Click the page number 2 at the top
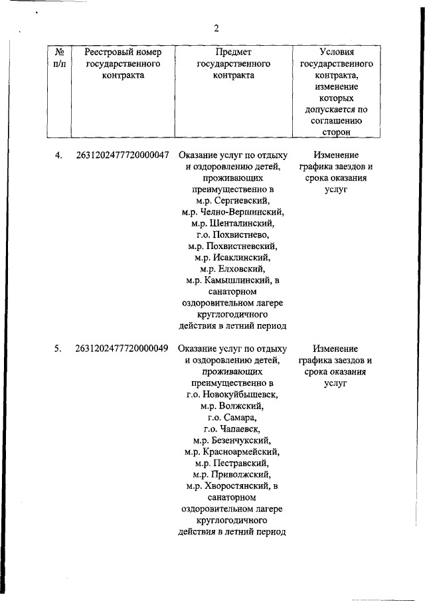tap(216, 28)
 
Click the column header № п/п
tap(59, 58)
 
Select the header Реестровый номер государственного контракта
tap(124, 64)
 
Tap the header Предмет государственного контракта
tap(234, 64)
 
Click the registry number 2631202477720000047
tap(122, 155)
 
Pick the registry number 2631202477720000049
tap(122, 348)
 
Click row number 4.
tap(58, 155)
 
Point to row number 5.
tap(58, 348)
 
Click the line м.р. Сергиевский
tap(234, 200)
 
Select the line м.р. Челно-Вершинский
tap(234, 212)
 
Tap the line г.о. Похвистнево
tap(234, 235)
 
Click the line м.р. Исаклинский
tap(234, 258)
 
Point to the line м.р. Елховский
tap(234, 269)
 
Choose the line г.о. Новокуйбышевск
tap(234, 394)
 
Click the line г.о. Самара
tap(234, 417)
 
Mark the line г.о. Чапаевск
tap(234, 428)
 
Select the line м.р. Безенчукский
tap(234, 440)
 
